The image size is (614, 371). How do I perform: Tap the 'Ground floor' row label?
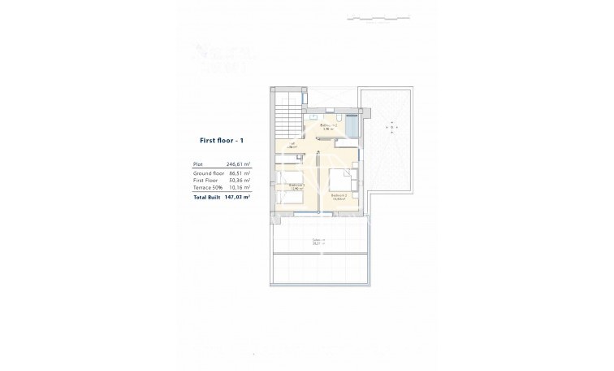(x=208, y=173)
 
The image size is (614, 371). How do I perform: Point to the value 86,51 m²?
(x=239, y=173)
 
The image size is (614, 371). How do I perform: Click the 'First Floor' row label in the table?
(x=205, y=181)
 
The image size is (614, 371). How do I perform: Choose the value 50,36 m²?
(x=239, y=181)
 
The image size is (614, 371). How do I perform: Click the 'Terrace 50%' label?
(x=207, y=188)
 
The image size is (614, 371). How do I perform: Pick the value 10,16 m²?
(x=239, y=188)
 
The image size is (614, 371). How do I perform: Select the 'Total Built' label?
(x=207, y=197)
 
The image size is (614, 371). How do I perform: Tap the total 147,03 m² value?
(x=237, y=197)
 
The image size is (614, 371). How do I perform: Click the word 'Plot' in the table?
(x=197, y=164)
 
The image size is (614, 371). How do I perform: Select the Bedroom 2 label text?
(x=339, y=196)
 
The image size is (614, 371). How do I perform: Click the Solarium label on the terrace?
(x=318, y=240)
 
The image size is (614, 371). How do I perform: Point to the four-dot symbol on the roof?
(x=392, y=129)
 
